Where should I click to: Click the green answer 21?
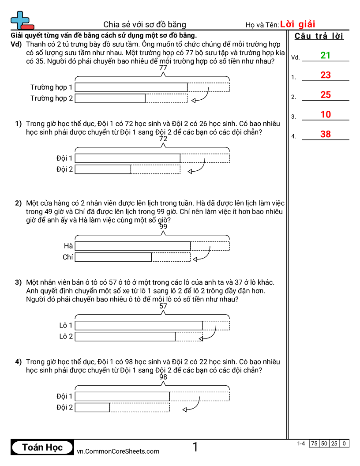326,56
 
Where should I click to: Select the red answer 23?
326,75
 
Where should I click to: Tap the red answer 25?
326,95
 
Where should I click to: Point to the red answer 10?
326,115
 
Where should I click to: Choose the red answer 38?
326,134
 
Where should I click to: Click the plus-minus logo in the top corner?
22,20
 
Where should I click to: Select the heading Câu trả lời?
319,36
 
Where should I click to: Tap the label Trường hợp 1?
52,87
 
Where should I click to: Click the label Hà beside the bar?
68,246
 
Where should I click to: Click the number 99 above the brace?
163,227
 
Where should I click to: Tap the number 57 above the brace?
163,306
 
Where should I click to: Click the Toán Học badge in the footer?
42,447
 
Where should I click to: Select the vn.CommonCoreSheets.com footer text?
118,451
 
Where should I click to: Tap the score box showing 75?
314,443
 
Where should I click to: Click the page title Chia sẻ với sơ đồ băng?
145,25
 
